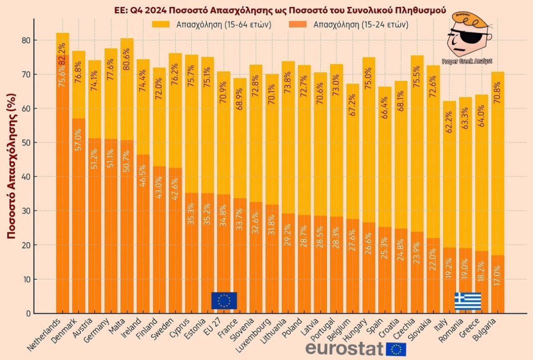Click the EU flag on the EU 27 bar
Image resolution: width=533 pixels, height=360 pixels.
(x=224, y=301)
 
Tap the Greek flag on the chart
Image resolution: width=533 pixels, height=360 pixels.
(x=468, y=301)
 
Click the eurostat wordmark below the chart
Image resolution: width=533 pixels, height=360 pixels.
(x=344, y=349)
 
